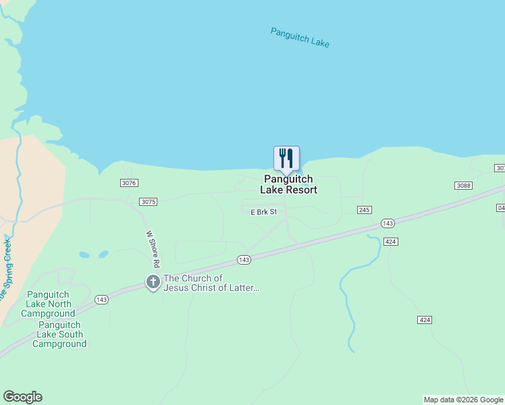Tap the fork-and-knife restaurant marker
pyautogui.click(x=286, y=159)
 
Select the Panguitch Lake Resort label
pyautogui.click(x=289, y=184)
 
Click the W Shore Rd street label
pyautogui.click(x=152, y=249)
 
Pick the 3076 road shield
pyautogui.click(x=129, y=183)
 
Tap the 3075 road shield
pyautogui.click(x=149, y=202)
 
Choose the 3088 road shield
pyautogui.click(x=463, y=186)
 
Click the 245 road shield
pyautogui.click(x=365, y=211)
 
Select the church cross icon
pyautogui.click(x=153, y=282)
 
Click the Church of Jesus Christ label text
pyautogui.click(x=211, y=283)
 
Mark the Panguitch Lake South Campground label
pyautogui.click(x=61, y=334)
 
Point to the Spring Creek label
pyautogui.click(x=7, y=270)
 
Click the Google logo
pyautogui.click(x=23, y=397)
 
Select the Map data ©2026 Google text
pyautogui.click(x=463, y=400)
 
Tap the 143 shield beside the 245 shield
pyautogui.click(x=388, y=223)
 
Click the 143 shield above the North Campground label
pyautogui.click(x=101, y=300)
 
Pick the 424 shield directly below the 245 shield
pyautogui.click(x=390, y=241)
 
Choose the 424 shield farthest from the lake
pyautogui.click(x=424, y=319)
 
